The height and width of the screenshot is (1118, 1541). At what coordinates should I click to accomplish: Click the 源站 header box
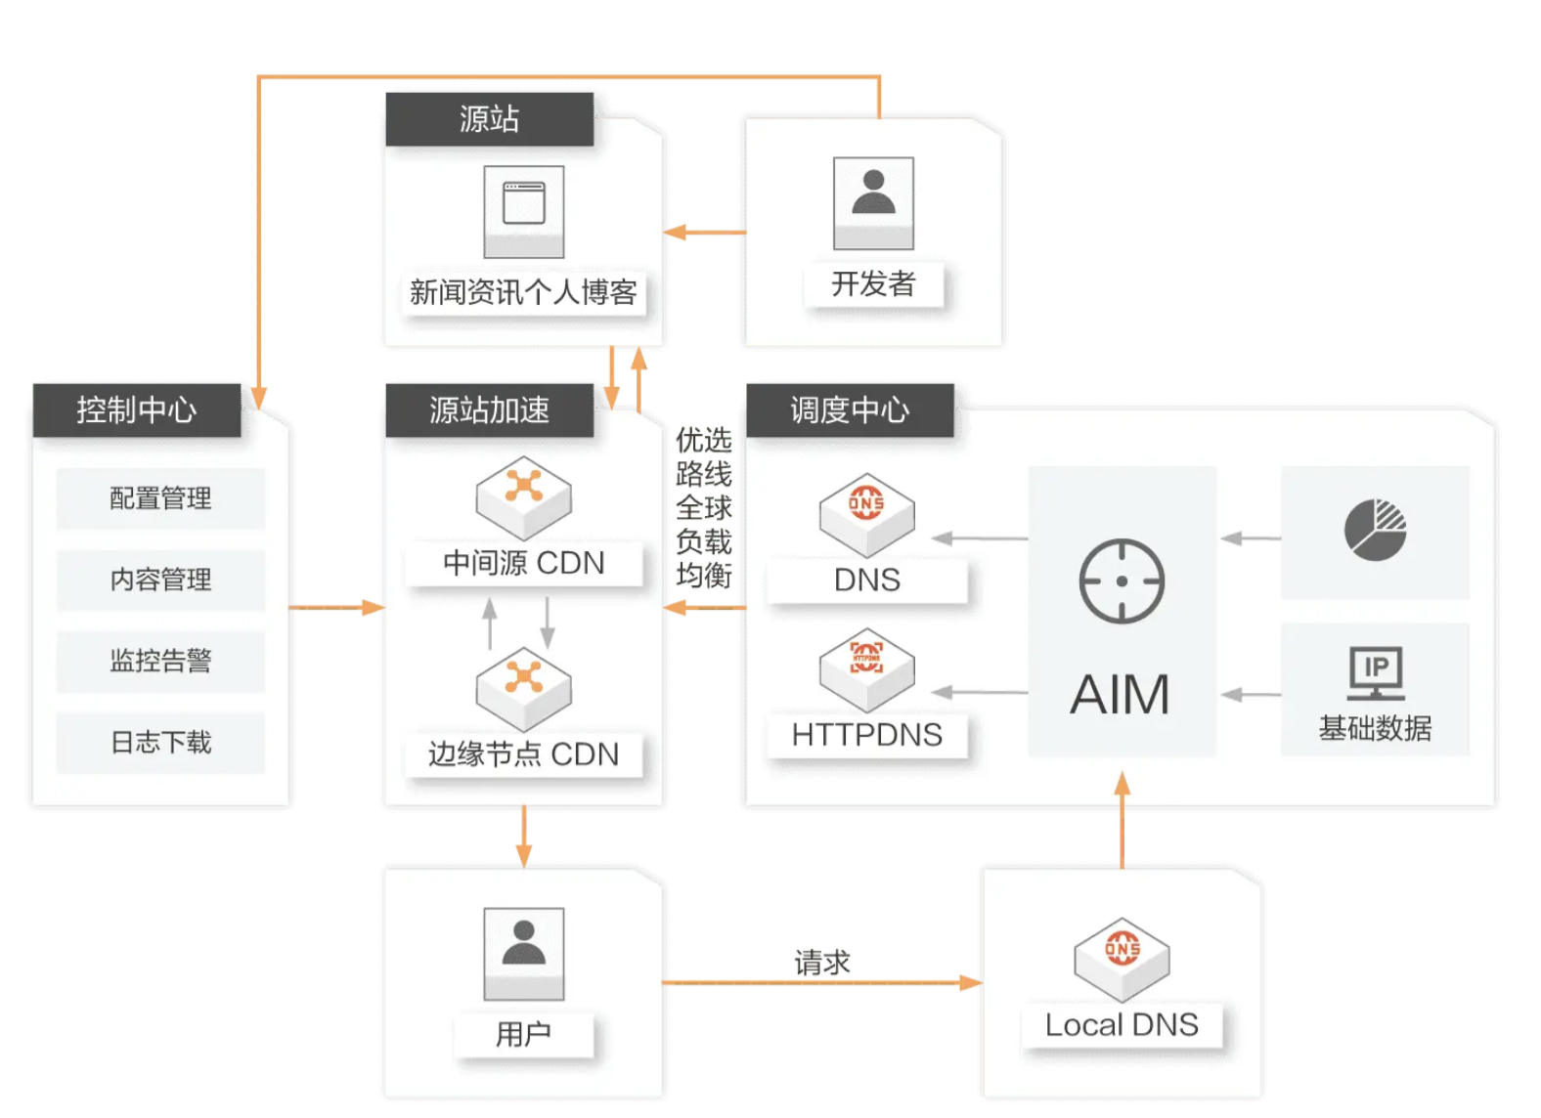coord(489,119)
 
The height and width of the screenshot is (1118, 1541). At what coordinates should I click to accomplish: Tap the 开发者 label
coord(873,284)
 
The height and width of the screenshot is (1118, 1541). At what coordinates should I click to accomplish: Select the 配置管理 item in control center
coord(160,498)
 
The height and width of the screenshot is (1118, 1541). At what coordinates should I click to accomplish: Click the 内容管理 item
coord(160,580)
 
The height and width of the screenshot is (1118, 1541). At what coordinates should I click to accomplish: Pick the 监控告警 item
coord(160,662)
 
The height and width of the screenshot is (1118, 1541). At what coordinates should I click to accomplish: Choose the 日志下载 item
coord(160,743)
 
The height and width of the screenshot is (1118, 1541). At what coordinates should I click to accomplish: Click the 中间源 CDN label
coord(524,564)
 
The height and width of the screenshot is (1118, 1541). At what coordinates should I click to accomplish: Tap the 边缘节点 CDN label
coord(524,754)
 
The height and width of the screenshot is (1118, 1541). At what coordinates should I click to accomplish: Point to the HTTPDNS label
coord(866,735)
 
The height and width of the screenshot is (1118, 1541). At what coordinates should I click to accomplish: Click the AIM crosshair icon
coord(1122,580)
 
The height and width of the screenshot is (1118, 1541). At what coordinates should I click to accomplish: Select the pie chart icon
coord(1375,530)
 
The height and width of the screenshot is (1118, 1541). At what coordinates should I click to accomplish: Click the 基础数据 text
coord(1375,728)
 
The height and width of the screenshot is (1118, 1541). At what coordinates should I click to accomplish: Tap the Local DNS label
coord(1122,1025)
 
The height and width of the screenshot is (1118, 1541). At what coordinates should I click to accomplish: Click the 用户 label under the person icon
coord(524,1034)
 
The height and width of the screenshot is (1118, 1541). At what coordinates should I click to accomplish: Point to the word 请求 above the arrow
coord(821,963)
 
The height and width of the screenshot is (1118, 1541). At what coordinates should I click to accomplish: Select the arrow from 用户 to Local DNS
coord(821,982)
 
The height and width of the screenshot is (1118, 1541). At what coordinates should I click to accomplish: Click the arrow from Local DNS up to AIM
coord(1123,821)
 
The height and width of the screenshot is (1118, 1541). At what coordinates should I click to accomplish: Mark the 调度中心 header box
coord(850,410)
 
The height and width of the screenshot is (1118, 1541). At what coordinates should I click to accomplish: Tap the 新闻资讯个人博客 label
coord(524,292)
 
